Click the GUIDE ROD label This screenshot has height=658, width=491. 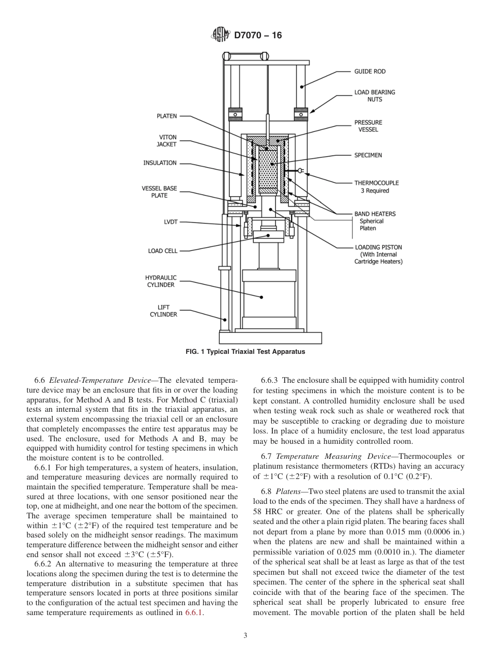coord(370,71)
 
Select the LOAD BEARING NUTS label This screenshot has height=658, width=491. coord(374,96)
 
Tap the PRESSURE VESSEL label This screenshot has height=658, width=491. coord(368,126)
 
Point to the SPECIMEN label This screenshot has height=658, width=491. coord(368,155)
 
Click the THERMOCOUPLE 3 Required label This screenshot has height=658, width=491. coord(376,186)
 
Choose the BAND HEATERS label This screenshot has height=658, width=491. coord(375,214)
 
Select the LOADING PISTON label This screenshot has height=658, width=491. coord(378,247)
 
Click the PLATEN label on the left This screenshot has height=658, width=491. coord(166,116)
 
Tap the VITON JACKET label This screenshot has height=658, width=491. coord(167,141)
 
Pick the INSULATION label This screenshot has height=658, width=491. coord(160,163)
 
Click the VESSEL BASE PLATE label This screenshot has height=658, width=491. coord(159,192)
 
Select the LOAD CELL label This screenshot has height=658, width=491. coord(162,251)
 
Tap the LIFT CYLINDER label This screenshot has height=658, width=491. coord(163,310)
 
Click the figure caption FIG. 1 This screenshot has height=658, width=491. coord(245,352)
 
